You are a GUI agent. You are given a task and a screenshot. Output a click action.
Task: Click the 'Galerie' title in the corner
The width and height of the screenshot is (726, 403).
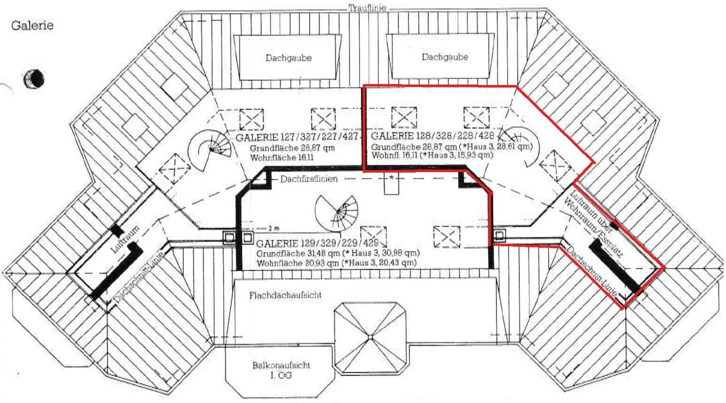[32, 25]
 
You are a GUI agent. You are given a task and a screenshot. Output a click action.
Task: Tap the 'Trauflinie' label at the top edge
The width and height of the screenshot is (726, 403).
[367, 8]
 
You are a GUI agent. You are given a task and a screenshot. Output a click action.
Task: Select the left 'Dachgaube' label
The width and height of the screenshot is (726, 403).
[288, 58]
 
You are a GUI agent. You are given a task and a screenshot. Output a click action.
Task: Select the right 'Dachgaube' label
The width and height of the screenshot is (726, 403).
[445, 57]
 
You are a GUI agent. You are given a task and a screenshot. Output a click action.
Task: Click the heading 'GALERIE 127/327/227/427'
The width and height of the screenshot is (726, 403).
[297, 137]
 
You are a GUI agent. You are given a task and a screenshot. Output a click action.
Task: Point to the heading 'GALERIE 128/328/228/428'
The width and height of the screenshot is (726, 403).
[432, 135]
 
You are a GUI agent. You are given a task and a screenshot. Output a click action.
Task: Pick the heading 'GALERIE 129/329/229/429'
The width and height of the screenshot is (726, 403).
[317, 243]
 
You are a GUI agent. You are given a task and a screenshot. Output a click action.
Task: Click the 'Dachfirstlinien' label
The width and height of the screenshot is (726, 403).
[309, 179]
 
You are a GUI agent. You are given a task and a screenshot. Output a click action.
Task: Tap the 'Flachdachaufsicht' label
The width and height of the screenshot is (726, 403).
[285, 295]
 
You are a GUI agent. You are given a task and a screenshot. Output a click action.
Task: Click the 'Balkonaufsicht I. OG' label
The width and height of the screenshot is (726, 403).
[281, 370]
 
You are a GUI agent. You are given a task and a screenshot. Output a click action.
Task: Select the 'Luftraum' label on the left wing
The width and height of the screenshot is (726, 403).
[125, 239]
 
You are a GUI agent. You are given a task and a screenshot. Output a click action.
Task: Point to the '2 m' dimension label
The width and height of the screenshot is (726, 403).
[273, 229]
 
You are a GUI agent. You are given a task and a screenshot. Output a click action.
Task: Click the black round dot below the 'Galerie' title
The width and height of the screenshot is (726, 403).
[34, 78]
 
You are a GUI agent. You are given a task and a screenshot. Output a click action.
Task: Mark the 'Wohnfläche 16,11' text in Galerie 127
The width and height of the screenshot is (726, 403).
[282, 158]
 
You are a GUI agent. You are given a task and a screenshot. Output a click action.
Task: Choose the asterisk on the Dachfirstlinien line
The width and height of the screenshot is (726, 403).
[391, 177]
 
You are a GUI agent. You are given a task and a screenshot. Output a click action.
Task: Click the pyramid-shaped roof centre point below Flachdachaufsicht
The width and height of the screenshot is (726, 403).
[370, 337]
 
